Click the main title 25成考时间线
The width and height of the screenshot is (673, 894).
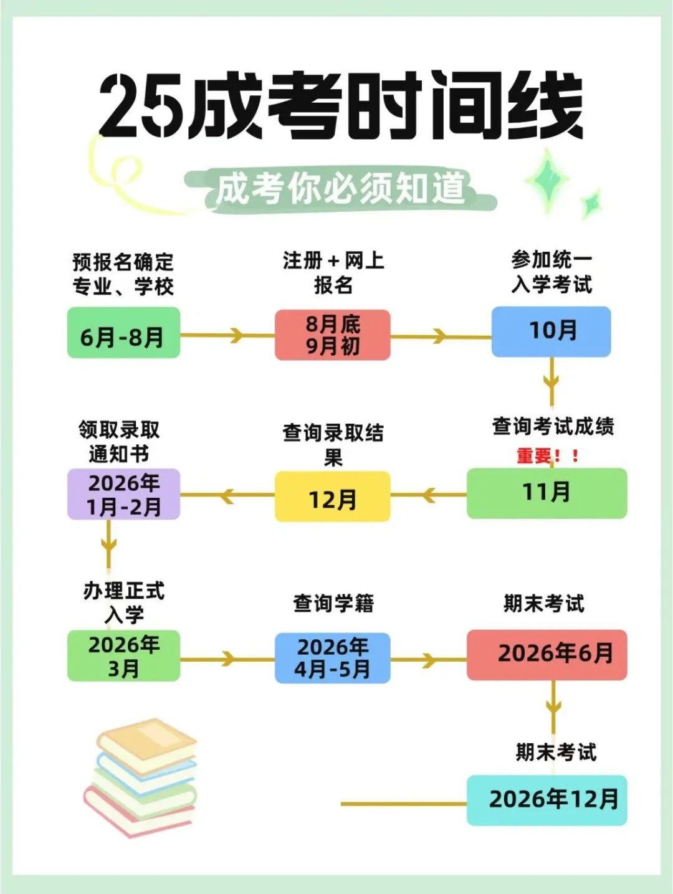[x=340, y=106]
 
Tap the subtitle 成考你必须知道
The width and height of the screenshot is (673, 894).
[x=340, y=188]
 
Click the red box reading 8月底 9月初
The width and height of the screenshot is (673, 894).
[x=333, y=335]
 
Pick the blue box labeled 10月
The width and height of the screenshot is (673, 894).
[x=551, y=331]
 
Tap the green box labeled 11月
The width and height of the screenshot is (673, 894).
[x=547, y=493]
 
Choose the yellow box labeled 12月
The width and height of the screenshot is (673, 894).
[x=333, y=497]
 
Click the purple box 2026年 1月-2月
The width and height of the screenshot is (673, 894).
[x=123, y=495]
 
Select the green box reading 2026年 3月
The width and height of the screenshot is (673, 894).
[x=123, y=656]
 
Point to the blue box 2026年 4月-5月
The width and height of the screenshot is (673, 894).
[x=333, y=659]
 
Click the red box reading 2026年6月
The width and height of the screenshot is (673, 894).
[x=547, y=655]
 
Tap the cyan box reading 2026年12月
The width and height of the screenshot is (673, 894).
[x=547, y=801]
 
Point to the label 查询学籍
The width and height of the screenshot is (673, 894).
[x=333, y=603]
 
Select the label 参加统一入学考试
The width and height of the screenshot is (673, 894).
[x=551, y=272]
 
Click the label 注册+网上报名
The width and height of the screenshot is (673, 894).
[x=333, y=273]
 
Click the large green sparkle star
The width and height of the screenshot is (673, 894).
[x=547, y=180]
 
